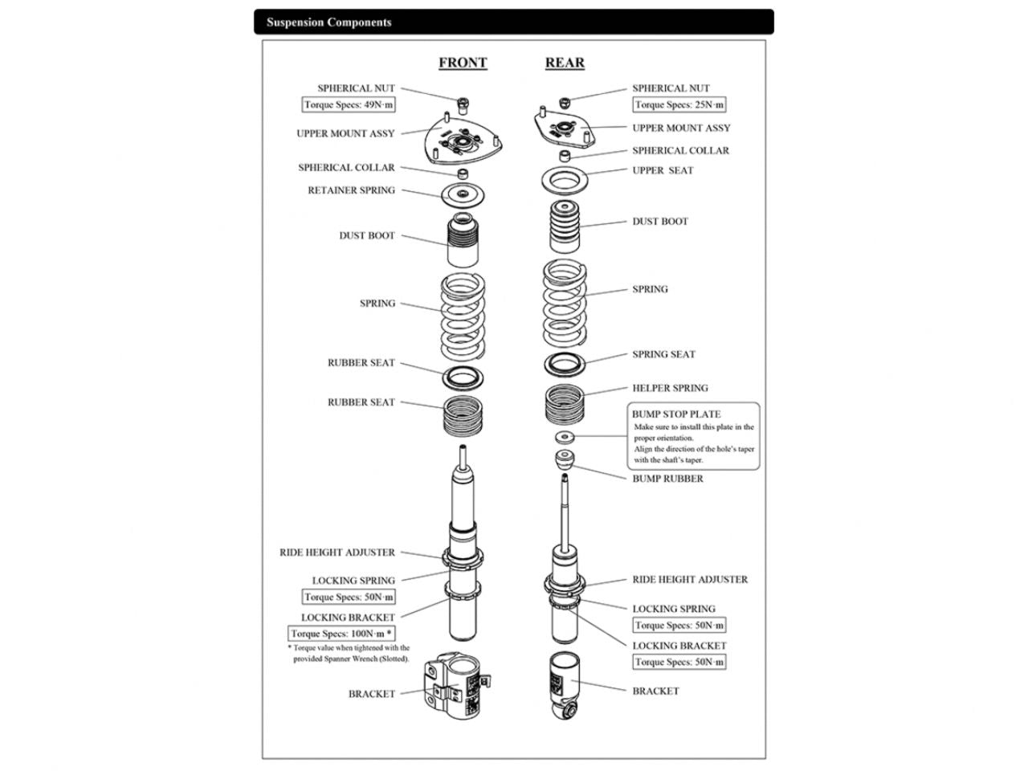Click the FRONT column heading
point(463,63)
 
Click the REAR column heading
point(565,63)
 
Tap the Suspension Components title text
point(329,22)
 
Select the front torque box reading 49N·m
point(349,105)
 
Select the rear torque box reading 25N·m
point(679,105)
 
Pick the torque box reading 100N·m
point(341,634)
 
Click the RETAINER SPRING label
point(352,190)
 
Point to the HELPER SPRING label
point(670,388)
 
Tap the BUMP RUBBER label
point(667,479)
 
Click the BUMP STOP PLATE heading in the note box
point(676,414)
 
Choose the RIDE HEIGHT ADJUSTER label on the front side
point(337,553)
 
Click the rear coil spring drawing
point(565,300)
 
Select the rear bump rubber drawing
point(565,461)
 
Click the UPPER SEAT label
point(663,170)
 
